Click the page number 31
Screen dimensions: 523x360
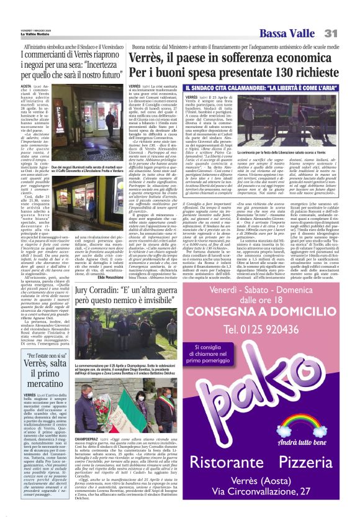[x=346, y=33]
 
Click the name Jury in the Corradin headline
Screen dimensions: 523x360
[x=87, y=276]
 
